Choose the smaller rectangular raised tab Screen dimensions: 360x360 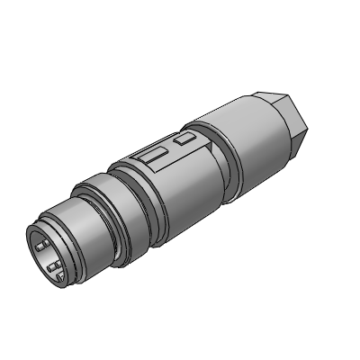pyautogui.click(x=185, y=139)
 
